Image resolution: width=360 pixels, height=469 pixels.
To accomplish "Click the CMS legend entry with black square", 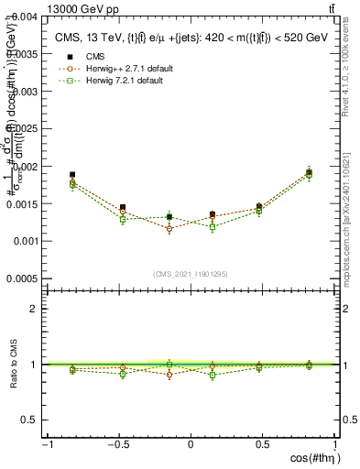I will click(92, 56).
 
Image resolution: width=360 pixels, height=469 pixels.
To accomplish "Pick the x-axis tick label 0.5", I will click(264, 445).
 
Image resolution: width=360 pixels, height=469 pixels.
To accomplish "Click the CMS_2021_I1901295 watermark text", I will click(191, 274).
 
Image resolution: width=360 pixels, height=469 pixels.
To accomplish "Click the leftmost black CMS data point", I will click(72, 174).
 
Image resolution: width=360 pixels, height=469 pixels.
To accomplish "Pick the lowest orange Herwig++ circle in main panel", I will click(169, 229).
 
